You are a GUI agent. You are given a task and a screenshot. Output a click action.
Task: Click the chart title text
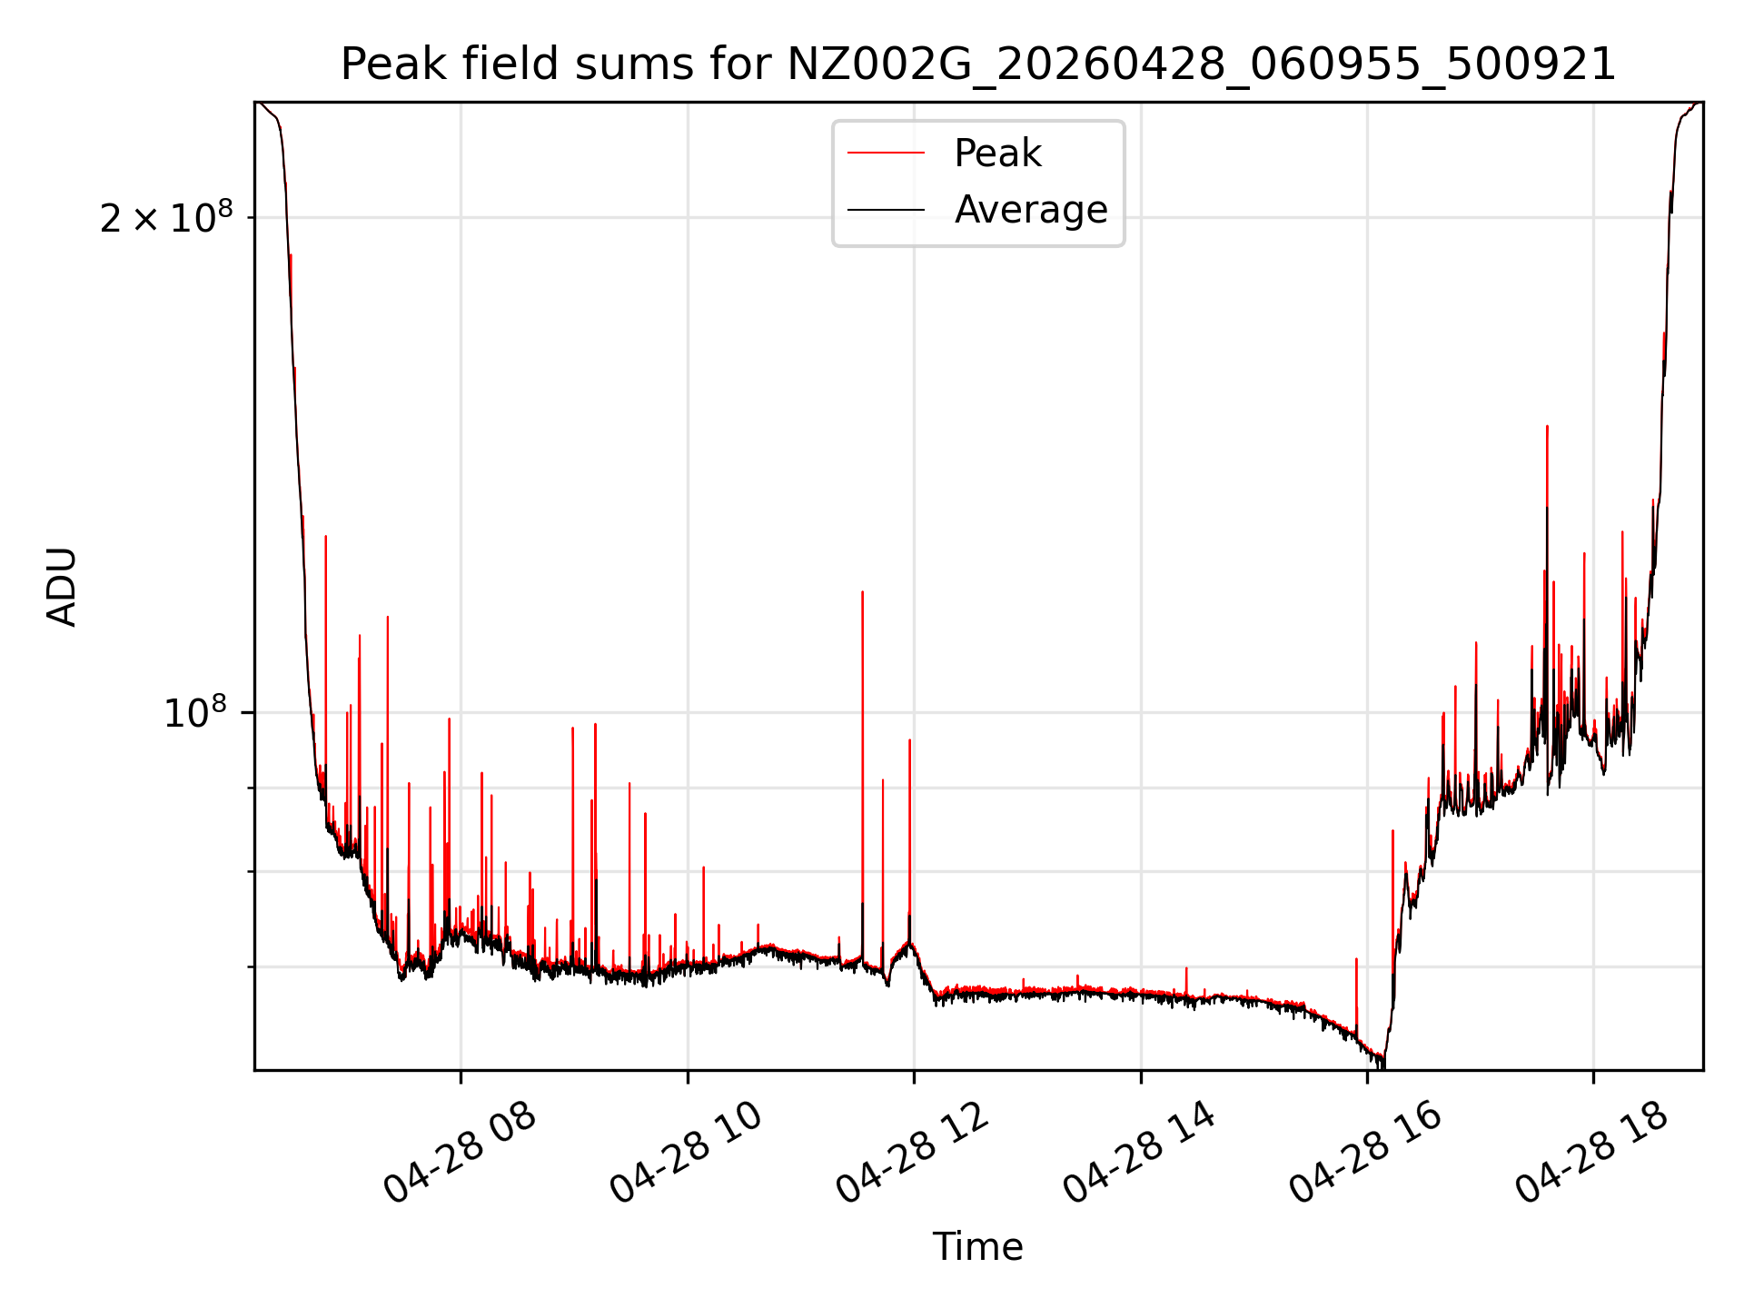[x=978, y=64]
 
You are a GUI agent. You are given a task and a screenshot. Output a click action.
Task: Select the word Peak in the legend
[x=997, y=154]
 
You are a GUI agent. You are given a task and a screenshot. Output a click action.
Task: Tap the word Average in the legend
[x=1031, y=210]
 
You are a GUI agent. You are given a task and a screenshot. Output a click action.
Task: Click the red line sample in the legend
[x=886, y=154]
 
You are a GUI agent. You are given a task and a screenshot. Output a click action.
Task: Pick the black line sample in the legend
[x=886, y=210]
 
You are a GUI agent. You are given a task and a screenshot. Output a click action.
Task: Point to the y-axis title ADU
[x=62, y=587]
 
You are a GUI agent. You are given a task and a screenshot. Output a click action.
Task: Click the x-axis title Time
[x=978, y=1247]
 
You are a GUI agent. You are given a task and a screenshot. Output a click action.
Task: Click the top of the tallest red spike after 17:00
[x=1547, y=425]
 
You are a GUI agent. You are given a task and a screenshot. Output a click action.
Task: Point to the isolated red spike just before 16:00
[x=1356, y=959]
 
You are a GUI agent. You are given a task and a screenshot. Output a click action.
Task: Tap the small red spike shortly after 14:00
[x=1186, y=968]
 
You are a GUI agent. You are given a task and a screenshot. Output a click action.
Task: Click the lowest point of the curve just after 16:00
[x=1382, y=1066]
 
